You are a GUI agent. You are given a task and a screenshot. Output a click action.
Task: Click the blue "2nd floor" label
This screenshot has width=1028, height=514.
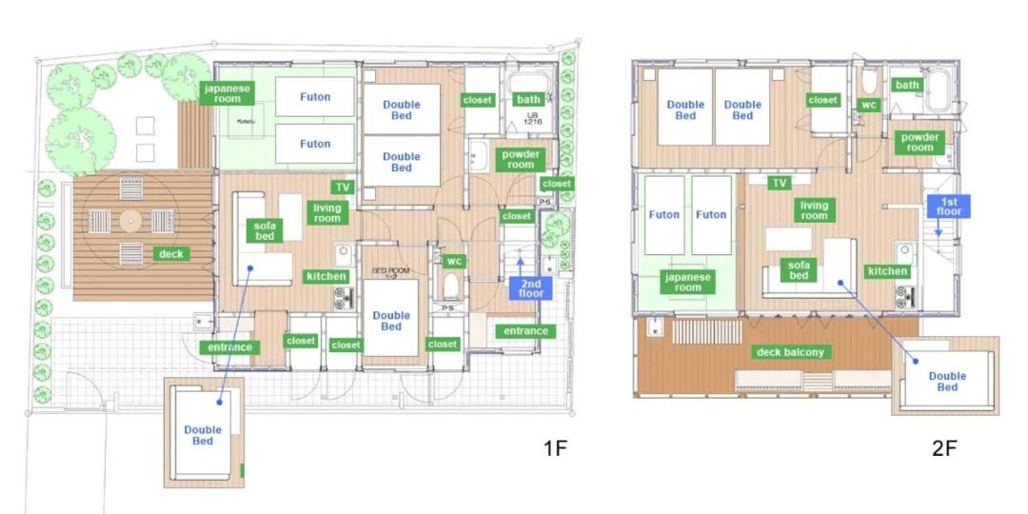[530, 288]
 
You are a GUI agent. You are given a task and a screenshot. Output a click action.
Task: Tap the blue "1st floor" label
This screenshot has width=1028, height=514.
[948, 206]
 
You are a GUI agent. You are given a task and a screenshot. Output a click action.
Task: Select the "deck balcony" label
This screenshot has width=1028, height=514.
[790, 352]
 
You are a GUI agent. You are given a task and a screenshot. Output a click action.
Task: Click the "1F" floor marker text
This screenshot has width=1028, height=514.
[554, 448]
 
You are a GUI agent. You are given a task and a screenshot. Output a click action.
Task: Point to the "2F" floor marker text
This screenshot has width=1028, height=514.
[944, 448]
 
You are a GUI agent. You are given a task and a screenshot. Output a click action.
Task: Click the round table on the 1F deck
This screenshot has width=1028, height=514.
[130, 221]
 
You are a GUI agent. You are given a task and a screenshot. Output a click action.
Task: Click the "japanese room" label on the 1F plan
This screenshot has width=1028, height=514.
[227, 93]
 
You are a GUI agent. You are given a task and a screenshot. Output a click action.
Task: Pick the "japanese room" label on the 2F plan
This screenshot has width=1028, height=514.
[688, 282]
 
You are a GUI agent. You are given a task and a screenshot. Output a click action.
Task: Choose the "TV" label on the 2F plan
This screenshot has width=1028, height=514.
[779, 184]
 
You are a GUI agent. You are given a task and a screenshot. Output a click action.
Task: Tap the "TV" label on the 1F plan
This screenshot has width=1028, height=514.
[343, 188]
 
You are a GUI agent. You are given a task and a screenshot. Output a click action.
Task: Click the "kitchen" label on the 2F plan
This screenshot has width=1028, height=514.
[887, 270]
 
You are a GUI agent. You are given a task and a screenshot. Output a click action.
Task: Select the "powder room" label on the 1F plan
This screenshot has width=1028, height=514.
[521, 159]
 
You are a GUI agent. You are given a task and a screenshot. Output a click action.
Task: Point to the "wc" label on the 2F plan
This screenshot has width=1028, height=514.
[869, 105]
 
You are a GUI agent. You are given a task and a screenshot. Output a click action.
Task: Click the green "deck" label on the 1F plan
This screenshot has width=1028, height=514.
[171, 254]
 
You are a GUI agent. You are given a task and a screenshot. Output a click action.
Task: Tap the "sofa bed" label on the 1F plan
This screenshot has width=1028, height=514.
[265, 230]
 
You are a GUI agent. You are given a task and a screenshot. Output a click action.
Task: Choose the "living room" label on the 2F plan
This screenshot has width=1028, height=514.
[814, 209]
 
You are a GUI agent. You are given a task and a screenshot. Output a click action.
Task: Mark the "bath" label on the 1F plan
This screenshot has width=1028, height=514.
[528, 99]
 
